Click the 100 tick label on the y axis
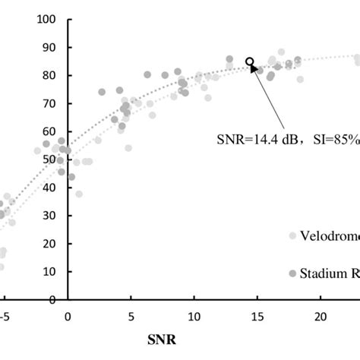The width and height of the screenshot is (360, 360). coord(47,18)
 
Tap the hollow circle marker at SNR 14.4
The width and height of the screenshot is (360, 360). coord(250,62)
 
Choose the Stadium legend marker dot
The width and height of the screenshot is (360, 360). coord(292,273)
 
